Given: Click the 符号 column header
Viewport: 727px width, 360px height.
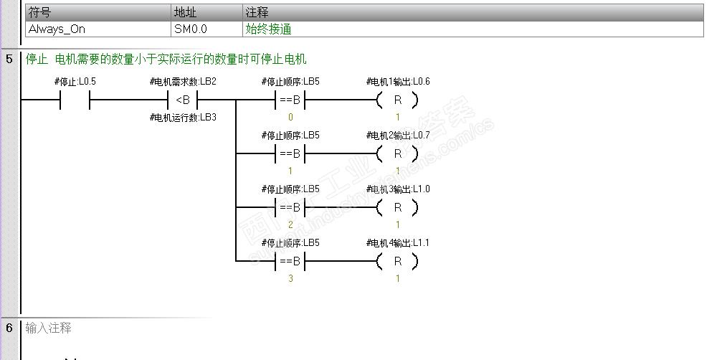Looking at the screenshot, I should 39,13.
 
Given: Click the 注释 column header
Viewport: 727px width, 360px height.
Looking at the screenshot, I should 257,13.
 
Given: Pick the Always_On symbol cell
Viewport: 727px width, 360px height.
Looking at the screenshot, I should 57,29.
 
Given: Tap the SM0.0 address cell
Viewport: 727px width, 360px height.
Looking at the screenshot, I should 190,29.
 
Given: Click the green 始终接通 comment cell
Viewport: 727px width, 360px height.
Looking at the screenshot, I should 268,29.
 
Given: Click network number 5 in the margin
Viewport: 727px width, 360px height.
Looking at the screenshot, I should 9,59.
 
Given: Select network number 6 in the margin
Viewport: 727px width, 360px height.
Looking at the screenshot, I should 9,328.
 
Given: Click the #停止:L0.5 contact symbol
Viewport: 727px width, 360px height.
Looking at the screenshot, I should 75,100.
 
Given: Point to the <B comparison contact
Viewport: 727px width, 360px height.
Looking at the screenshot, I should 183,100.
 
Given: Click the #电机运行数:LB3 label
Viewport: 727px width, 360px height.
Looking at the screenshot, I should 183,117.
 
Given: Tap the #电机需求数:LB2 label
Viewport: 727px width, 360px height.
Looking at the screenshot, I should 183,82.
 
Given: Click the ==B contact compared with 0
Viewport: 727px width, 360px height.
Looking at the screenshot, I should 290,100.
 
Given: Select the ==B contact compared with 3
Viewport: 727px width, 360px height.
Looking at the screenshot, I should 290,261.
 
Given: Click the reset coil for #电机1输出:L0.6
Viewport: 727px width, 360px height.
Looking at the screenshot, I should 397,100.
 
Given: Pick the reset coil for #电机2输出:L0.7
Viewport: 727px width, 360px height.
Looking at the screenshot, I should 397,153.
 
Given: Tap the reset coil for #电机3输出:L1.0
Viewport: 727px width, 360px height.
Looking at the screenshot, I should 397,207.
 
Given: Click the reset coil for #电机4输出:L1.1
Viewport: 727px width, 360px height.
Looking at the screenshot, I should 397,261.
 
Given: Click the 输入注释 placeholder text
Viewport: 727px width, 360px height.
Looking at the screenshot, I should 49,328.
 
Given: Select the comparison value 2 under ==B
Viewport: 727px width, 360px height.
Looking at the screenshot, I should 290,224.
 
